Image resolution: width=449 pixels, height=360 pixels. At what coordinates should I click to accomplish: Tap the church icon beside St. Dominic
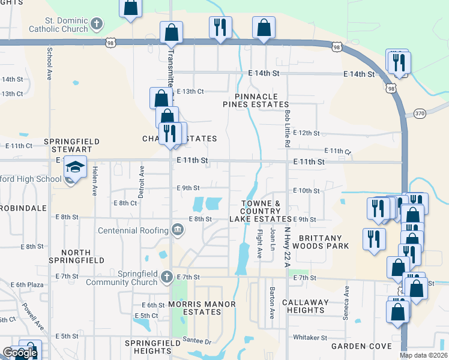pos(96,25)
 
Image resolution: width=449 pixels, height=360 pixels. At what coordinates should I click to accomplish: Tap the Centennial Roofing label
pos(133,230)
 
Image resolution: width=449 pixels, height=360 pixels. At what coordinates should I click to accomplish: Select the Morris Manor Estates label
pos(203,308)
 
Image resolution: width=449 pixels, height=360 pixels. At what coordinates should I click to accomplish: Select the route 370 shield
pos(419,113)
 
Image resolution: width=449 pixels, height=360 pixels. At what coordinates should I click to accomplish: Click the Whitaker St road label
pos(309,338)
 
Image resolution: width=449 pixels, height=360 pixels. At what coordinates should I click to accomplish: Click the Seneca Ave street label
pos(346,298)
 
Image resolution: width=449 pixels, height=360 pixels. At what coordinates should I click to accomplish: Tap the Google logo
pos(19,353)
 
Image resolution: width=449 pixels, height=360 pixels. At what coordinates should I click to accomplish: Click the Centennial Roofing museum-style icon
pos(178,229)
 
